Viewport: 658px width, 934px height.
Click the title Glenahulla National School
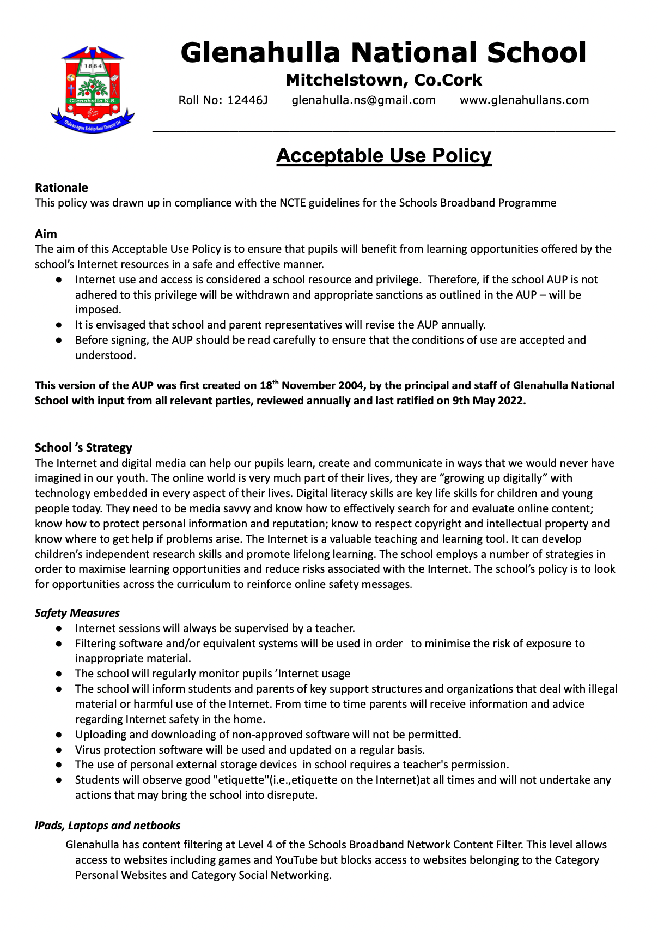click(x=383, y=53)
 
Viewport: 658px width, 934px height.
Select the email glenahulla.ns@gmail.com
click(x=364, y=100)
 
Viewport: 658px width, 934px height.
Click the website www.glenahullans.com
click(x=524, y=100)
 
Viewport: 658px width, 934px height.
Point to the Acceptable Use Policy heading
click(x=383, y=156)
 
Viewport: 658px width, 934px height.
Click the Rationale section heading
click(x=61, y=188)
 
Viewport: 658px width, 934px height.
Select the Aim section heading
click(x=46, y=234)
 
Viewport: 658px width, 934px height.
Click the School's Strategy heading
click(x=83, y=448)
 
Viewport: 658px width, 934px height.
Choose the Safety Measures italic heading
click(x=77, y=613)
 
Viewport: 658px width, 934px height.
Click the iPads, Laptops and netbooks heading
click(x=107, y=826)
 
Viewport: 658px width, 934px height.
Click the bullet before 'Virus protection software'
click(x=58, y=750)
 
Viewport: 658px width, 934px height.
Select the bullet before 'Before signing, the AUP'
click(x=58, y=341)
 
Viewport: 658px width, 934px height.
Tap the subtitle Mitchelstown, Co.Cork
click(x=383, y=81)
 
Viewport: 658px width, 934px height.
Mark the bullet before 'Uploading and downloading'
click(x=58, y=735)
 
